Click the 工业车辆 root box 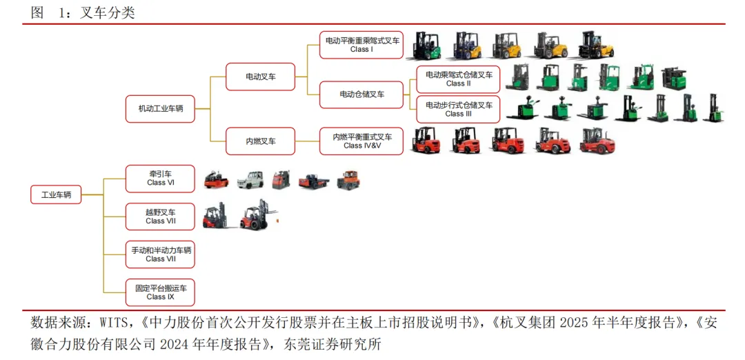point(56,195)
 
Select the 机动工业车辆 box point(160,109)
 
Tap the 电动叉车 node point(260,77)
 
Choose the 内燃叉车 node point(260,141)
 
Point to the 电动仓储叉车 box point(361,94)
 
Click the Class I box point(361,45)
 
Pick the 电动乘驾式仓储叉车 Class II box point(458,79)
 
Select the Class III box point(458,109)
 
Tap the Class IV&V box point(361,141)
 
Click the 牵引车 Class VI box point(160,179)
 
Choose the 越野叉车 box point(160,217)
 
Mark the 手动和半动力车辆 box point(160,254)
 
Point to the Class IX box point(160,292)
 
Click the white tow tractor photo point(250,180)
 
